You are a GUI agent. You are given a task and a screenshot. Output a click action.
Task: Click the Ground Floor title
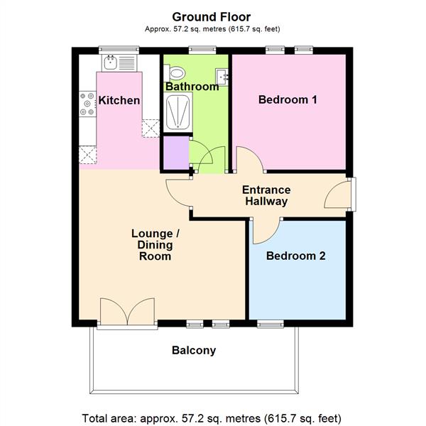point(211,16)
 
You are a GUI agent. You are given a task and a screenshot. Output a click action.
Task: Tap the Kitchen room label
point(119,100)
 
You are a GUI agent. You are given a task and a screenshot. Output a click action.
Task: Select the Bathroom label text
point(192,87)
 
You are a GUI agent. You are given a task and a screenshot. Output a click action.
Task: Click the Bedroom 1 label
point(287,100)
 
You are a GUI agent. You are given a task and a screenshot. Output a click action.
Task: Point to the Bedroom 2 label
point(295,256)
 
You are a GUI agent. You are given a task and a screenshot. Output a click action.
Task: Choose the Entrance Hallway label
point(266,196)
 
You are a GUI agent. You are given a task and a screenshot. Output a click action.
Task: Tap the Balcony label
point(194,350)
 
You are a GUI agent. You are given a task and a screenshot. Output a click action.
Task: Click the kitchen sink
point(111,62)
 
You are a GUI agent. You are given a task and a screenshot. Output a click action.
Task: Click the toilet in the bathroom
point(175,72)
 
